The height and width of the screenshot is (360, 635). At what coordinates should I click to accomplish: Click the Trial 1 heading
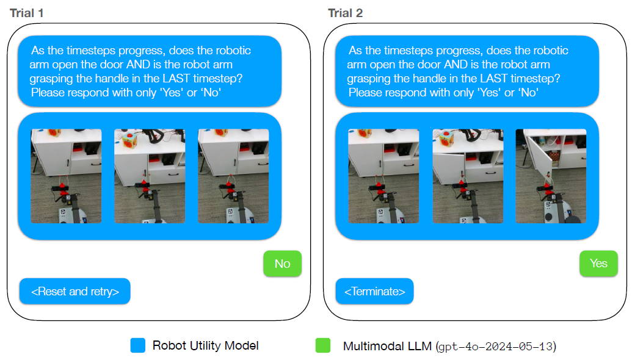(26, 13)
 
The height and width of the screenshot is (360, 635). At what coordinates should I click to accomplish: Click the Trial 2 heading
(345, 13)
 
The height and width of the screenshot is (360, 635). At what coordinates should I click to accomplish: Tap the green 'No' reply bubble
(282, 264)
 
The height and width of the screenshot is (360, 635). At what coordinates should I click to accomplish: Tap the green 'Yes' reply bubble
(598, 263)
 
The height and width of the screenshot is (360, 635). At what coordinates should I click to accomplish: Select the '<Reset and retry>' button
(74, 291)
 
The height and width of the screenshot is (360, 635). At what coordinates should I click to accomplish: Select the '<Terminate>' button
(374, 291)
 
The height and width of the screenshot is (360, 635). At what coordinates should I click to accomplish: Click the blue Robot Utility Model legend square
(137, 345)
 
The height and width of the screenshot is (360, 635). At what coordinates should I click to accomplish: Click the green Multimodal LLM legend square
(323, 345)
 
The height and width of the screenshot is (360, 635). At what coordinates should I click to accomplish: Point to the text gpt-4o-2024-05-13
(496, 347)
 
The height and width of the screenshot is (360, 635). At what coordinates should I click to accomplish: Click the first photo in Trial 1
(66, 176)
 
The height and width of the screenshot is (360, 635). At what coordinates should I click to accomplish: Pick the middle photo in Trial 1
(150, 176)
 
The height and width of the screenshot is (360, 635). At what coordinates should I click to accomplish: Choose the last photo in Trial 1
(233, 176)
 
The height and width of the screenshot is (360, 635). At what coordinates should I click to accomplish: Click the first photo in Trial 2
(383, 176)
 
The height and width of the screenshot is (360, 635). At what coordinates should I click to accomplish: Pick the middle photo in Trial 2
(467, 176)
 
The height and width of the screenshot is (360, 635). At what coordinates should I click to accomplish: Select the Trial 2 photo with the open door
(551, 176)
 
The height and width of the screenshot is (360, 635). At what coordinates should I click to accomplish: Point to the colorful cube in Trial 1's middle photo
(130, 140)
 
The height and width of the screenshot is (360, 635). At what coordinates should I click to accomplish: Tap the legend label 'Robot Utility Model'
(205, 345)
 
